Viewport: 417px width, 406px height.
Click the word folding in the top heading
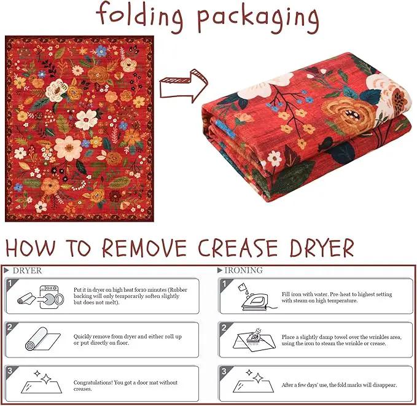[139, 16]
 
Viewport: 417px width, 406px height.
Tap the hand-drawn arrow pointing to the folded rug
[183, 86]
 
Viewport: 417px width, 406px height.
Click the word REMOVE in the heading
[144, 248]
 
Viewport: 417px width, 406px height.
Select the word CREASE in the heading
[238, 248]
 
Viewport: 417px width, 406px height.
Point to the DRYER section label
[27, 271]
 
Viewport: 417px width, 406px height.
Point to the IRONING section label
[243, 270]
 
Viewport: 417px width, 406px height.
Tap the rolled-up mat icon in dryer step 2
[42, 338]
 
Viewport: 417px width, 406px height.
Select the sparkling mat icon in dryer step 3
[42, 382]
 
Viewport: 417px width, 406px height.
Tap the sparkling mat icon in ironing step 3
[253, 381]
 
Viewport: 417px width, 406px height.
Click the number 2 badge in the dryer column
[10, 327]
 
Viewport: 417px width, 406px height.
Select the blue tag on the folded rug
[225, 128]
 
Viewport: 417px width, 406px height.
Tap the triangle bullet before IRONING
[220, 270]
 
